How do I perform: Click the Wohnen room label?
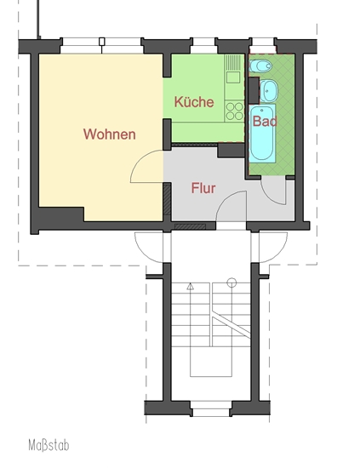point(109,134)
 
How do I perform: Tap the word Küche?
point(194,102)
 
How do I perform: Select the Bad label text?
point(265,121)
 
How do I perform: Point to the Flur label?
point(203,188)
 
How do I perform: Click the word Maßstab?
point(49,445)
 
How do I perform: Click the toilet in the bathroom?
point(260,66)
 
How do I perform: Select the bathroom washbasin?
point(269,91)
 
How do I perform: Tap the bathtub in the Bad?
point(262,134)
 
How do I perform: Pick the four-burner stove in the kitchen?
point(234,111)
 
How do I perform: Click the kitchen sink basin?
point(233,77)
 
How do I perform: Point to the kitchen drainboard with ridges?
point(233,62)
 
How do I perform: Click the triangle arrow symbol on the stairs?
point(190,287)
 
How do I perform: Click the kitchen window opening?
point(203,46)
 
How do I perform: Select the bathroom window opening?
point(263,46)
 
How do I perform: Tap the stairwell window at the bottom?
point(211,408)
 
